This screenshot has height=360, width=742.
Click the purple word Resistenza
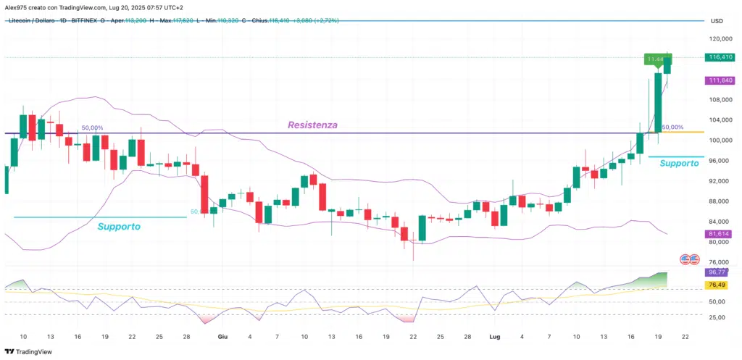[x=312, y=125]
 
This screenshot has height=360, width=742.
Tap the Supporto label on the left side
[x=119, y=227]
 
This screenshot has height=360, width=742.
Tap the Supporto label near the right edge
[x=679, y=164]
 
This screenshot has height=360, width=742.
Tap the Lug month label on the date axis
[x=495, y=337]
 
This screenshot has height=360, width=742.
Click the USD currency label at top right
[x=717, y=21]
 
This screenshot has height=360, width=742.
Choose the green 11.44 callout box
[x=656, y=59]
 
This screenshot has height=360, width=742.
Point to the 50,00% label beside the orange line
[x=673, y=127]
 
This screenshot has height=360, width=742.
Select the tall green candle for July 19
[x=658, y=101]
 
